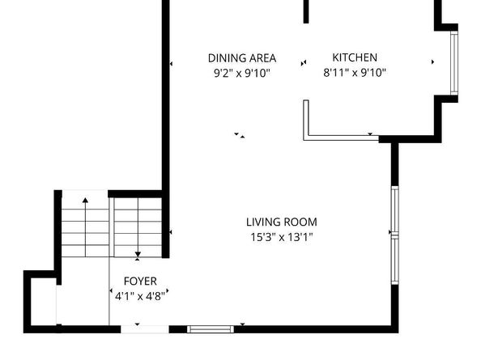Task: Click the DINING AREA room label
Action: click(242, 58)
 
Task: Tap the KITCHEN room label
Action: click(355, 57)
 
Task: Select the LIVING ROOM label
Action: click(282, 222)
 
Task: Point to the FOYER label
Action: click(140, 282)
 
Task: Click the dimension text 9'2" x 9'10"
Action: click(242, 74)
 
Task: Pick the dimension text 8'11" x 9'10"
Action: click(355, 73)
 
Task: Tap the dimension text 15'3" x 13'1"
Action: click(282, 237)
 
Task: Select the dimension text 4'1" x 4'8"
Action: click(140, 296)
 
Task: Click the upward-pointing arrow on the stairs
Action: click(85, 227)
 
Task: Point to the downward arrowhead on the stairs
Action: click(138, 254)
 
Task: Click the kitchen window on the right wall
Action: click(454, 63)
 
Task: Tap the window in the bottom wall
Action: click(211, 329)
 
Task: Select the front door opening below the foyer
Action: click(144, 329)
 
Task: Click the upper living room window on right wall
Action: click(395, 210)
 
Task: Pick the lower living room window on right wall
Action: click(395, 261)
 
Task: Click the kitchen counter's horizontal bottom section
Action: click(341, 138)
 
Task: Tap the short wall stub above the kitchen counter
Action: click(306, 11)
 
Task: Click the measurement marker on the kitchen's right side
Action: click(433, 62)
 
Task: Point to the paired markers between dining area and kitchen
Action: click(304, 63)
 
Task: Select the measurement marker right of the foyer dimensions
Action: click(168, 290)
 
